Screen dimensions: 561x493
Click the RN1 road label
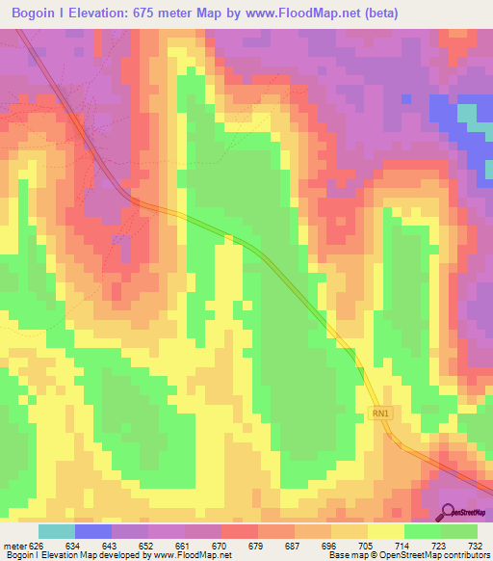(381, 414)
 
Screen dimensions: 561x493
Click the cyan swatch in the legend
(57, 531)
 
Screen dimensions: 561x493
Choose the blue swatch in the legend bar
(93, 531)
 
